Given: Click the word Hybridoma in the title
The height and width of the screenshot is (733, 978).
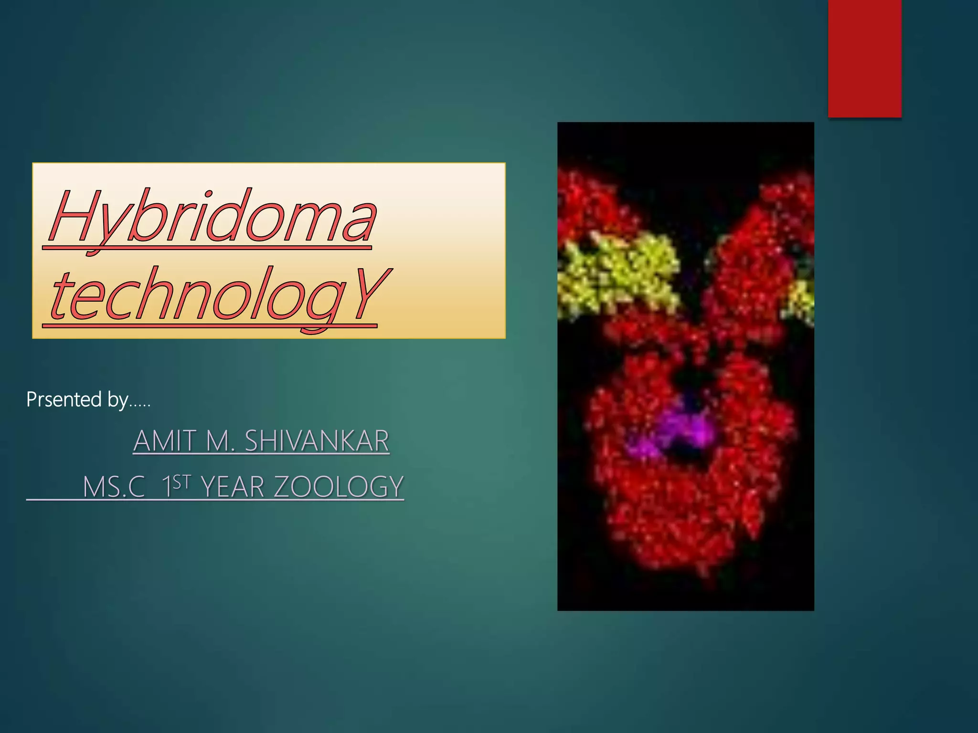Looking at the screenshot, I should (x=213, y=217).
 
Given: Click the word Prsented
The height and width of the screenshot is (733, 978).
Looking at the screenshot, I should (x=64, y=399).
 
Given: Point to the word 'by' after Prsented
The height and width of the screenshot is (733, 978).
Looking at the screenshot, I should (x=117, y=400).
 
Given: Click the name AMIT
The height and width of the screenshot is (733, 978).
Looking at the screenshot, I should (x=164, y=441).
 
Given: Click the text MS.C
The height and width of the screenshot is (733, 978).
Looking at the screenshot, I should (x=114, y=487).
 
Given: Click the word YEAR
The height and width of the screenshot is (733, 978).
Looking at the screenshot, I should (x=233, y=487).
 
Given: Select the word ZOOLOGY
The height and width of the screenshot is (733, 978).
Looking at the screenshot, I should (x=339, y=487).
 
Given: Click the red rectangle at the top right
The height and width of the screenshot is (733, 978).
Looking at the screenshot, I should (x=864, y=58).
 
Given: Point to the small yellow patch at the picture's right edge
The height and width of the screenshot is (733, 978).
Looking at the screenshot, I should (x=802, y=298).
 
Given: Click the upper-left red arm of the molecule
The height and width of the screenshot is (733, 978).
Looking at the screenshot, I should (x=592, y=205).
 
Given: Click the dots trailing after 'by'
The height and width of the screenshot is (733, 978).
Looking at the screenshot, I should (x=140, y=405).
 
